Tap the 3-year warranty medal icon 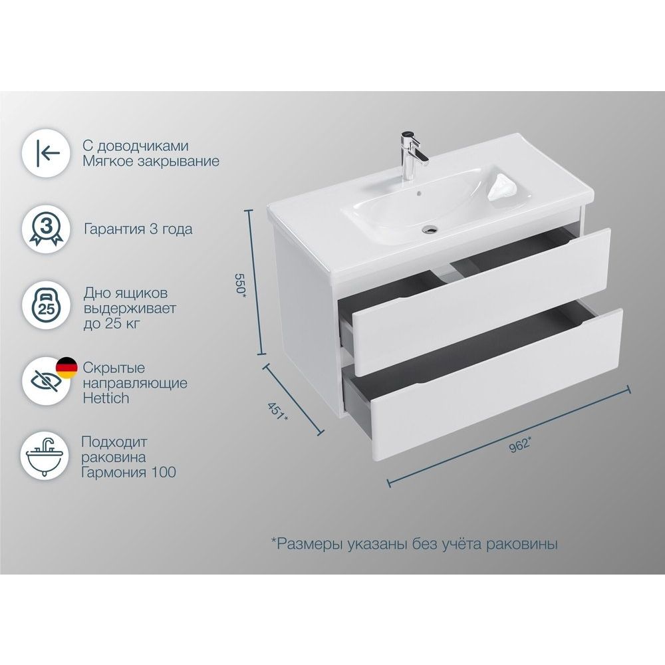(45, 229)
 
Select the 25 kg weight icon (45, 305)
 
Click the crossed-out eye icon (45, 381)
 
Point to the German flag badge (67, 368)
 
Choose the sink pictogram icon (45, 457)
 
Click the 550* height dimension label (241, 283)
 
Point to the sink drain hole (430, 230)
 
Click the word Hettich (106, 398)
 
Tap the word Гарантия (115, 229)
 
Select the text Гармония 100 (128, 472)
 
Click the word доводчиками (142, 146)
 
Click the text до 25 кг (112, 324)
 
